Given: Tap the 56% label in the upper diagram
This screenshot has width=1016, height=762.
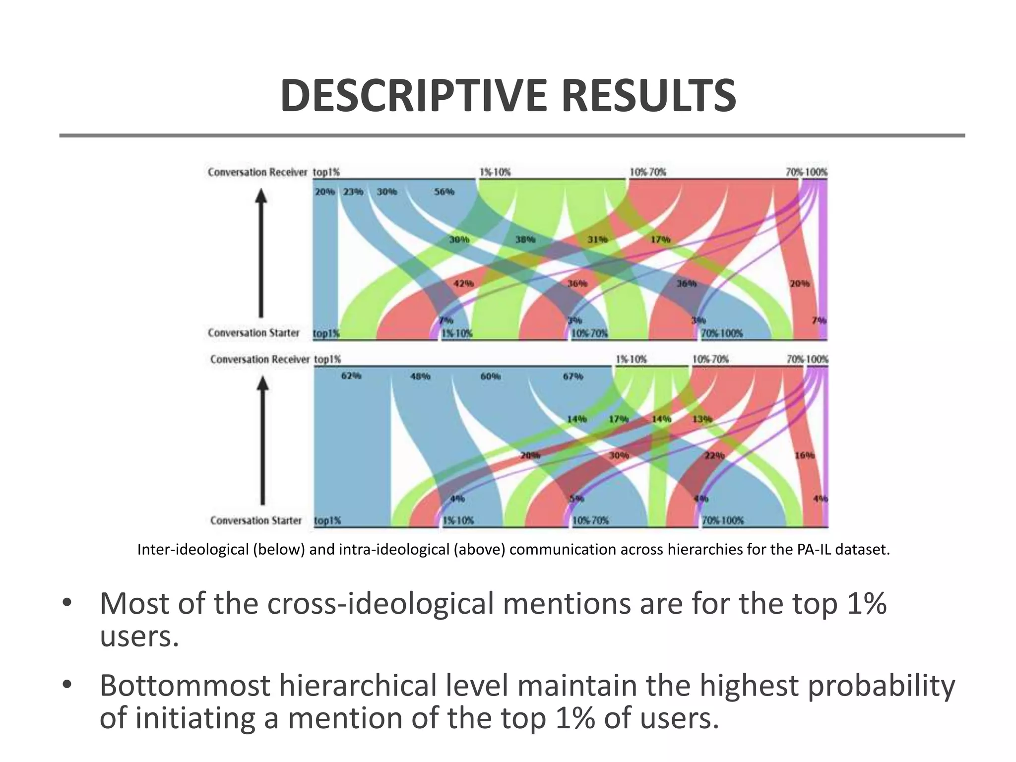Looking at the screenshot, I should point(444,191).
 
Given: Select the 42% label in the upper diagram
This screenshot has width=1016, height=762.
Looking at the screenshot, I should point(463,283).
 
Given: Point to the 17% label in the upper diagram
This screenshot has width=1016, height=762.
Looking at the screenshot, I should point(660,240).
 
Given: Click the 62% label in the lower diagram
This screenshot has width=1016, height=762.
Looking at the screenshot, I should point(351,376).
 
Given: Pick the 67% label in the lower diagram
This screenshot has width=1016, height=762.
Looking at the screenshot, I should point(572,377).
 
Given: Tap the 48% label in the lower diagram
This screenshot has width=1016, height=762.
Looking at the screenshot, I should point(420,377).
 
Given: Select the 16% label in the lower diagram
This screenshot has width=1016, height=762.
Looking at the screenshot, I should point(804,455).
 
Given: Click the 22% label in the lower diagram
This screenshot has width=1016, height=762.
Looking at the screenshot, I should point(714,455).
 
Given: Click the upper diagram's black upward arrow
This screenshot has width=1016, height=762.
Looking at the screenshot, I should point(261,253).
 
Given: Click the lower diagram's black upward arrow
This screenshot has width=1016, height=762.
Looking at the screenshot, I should point(263,439).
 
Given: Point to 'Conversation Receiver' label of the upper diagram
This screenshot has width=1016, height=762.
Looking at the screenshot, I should point(257,172).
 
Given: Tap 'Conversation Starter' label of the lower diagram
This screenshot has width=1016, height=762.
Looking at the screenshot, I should point(255,520).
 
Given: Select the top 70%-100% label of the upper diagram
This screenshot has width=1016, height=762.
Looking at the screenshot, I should point(806,172).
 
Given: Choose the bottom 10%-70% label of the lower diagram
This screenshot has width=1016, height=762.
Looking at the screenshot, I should point(590,520).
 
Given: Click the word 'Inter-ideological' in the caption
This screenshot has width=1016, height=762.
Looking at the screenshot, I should point(192,550).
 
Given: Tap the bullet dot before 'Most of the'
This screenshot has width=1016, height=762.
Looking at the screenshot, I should point(66,604).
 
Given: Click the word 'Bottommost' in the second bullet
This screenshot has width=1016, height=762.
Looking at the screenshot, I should point(185,686).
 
